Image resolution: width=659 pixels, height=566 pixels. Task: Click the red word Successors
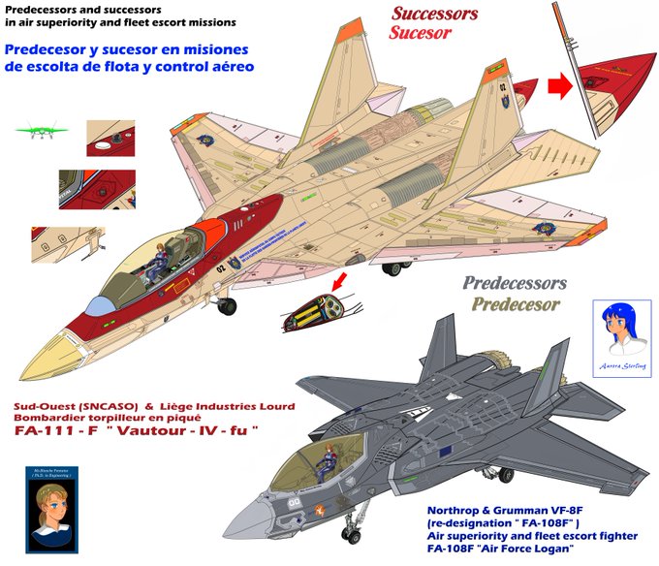coord(434,14)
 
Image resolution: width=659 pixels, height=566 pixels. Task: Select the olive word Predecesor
coord(515,304)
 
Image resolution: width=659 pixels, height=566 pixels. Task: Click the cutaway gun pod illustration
coord(313,312)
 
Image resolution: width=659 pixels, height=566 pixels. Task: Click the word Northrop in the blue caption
coord(458,510)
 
